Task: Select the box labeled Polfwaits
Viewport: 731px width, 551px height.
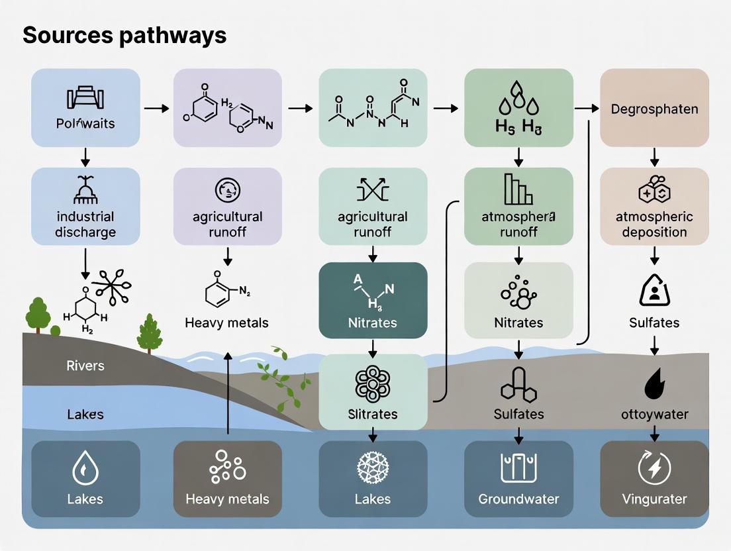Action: (x=85, y=107)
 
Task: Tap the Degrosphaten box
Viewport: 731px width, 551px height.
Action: (x=654, y=107)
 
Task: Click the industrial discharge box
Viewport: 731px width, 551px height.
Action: (x=85, y=206)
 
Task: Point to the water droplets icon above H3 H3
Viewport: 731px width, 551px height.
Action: (x=518, y=101)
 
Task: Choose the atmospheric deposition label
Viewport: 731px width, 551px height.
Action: (x=654, y=225)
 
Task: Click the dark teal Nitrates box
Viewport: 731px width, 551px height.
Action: (x=373, y=300)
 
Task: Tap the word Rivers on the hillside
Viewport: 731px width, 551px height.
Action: (x=85, y=366)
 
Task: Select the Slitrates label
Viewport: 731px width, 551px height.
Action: (x=373, y=415)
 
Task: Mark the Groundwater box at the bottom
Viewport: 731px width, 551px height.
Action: (x=518, y=479)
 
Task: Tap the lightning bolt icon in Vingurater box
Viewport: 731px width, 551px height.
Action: (x=654, y=468)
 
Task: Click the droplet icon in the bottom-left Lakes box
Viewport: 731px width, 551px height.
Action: (x=85, y=469)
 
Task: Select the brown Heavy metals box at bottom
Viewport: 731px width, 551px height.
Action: (x=227, y=479)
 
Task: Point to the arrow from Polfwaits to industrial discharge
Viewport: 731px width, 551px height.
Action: (x=85, y=157)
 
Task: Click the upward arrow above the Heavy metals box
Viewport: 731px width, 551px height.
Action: (x=228, y=394)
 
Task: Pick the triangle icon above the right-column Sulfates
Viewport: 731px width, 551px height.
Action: (x=654, y=290)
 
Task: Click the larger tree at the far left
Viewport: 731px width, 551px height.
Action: (x=39, y=313)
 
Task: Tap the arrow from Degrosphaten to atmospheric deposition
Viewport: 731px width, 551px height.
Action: (x=654, y=157)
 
